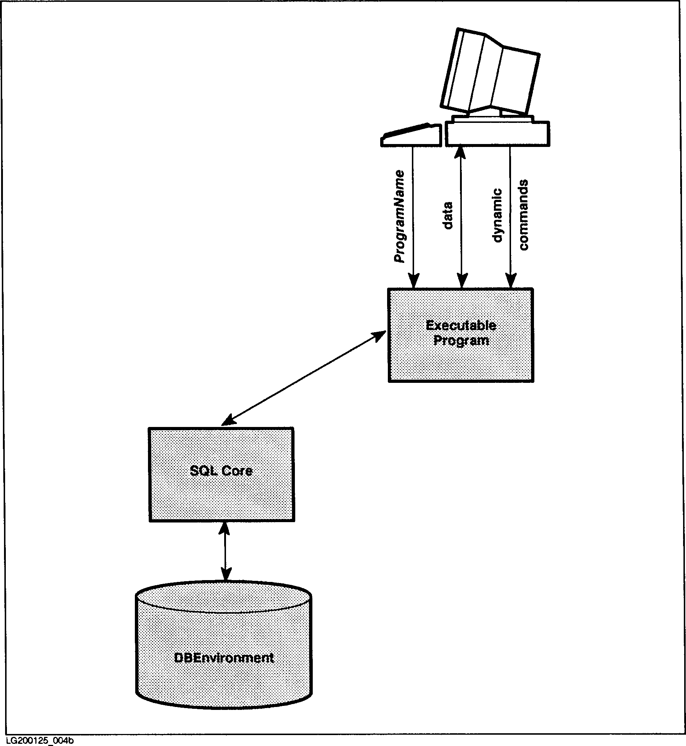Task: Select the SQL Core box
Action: point(221,494)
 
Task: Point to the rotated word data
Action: point(448,215)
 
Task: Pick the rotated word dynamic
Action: point(497,215)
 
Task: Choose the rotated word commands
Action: point(523,215)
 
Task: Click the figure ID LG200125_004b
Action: point(40,741)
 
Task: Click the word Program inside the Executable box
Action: point(461,341)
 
